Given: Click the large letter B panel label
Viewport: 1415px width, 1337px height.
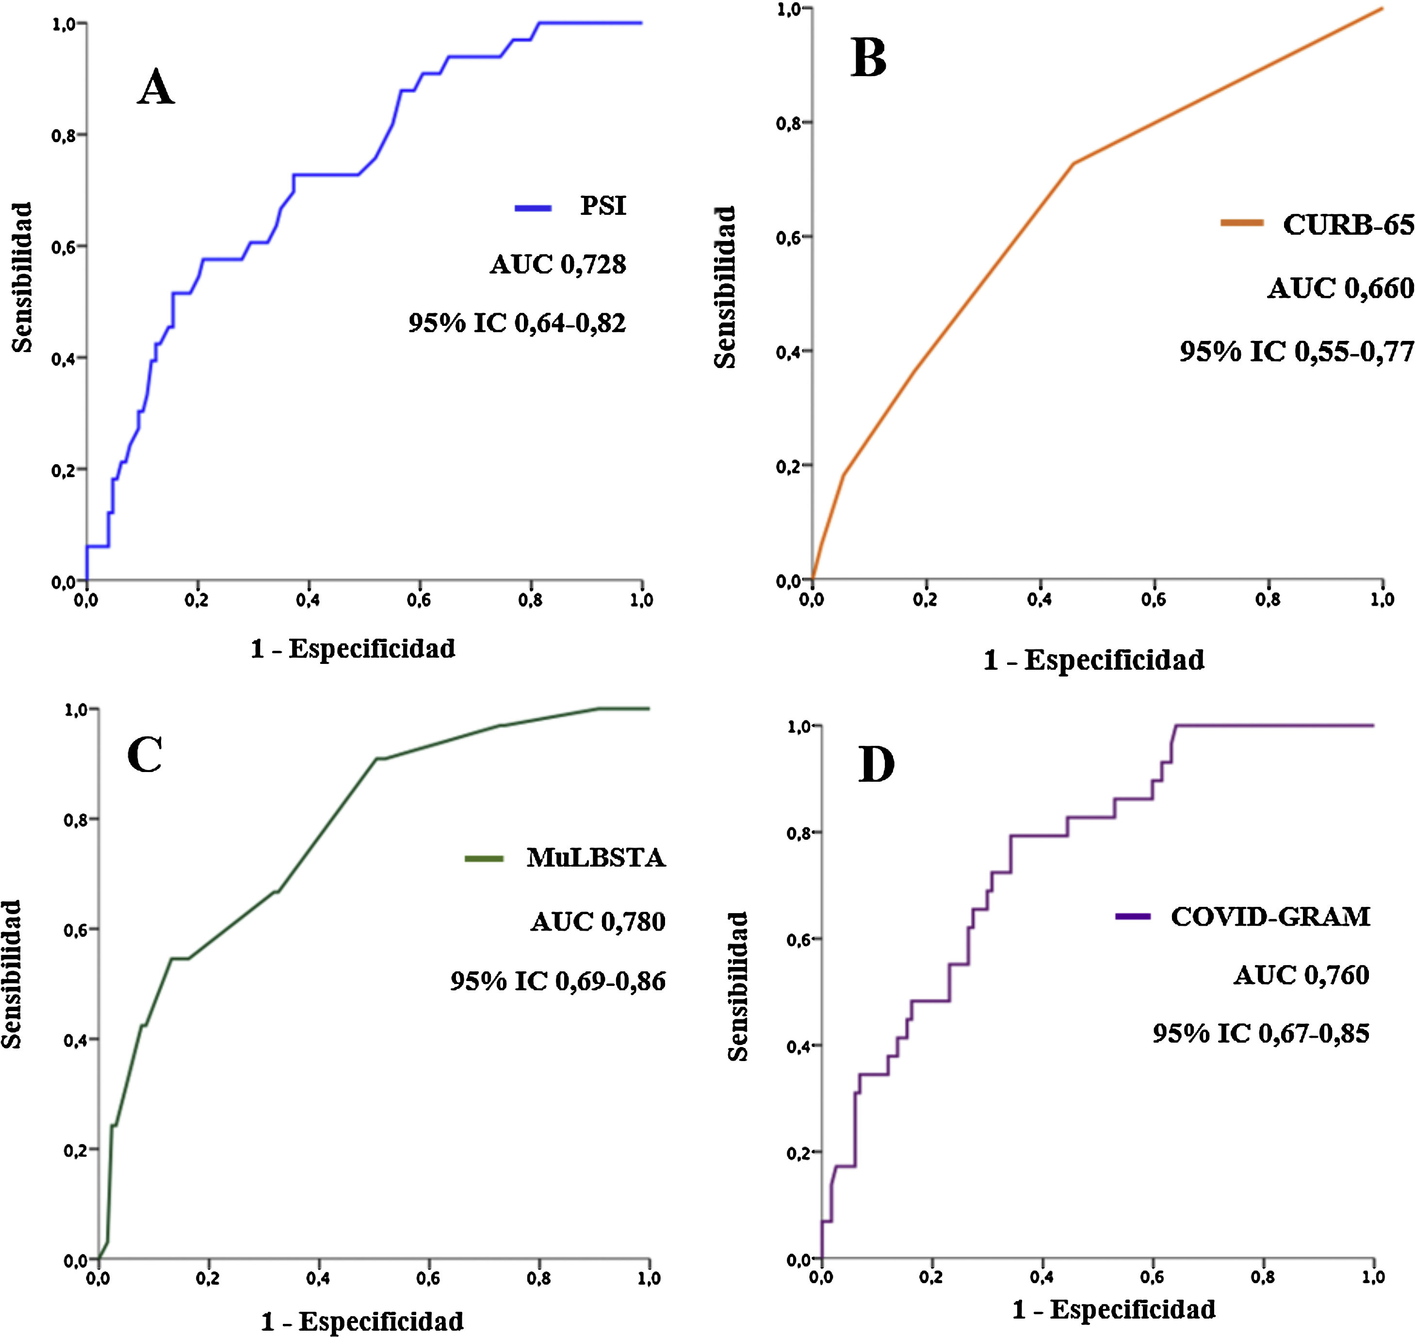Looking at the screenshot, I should point(868,59).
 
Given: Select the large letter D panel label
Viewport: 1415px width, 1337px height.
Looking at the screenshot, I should point(876,765).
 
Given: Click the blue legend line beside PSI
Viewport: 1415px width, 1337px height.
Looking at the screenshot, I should point(533,208).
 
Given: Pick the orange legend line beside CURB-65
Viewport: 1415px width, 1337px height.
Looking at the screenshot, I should point(1242,223).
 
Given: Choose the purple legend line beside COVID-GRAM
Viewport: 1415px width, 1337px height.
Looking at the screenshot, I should point(1133,917).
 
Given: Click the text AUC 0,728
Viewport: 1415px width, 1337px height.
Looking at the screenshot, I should point(558,264).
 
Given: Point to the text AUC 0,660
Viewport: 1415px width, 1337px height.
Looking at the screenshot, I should point(1340,289).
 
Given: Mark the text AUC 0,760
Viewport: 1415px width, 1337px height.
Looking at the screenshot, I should point(1301,975).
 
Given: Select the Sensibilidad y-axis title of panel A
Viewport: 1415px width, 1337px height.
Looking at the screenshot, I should point(23,277).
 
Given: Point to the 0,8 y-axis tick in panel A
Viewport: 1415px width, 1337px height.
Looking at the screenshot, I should point(64,135).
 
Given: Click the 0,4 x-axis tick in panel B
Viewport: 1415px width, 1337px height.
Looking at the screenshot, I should point(1040,599).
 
